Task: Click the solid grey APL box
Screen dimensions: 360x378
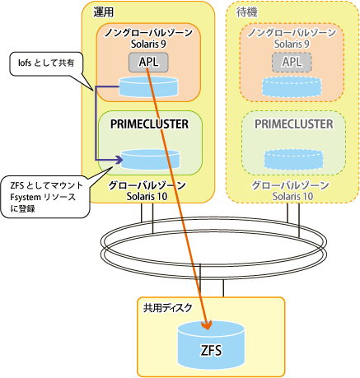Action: (x=148, y=63)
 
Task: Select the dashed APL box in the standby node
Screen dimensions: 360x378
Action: (x=292, y=63)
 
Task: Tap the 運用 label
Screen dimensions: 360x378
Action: (x=103, y=12)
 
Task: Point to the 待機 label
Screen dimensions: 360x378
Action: (x=247, y=12)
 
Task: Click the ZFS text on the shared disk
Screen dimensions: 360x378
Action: (x=211, y=351)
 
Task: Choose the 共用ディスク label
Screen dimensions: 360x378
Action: (x=167, y=308)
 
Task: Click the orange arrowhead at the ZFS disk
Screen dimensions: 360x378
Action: (x=207, y=324)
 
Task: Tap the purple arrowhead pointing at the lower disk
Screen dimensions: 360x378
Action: (x=119, y=160)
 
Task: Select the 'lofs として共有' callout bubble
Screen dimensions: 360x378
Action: (x=46, y=63)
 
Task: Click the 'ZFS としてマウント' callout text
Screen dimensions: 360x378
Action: (x=47, y=185)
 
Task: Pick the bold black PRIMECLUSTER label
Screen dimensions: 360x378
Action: (x=150, y=124)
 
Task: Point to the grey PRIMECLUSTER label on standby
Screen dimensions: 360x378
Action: (x=294, y=124)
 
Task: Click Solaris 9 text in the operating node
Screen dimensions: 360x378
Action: (x=148, y=44)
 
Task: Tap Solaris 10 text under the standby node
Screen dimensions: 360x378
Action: (x=292, y=196)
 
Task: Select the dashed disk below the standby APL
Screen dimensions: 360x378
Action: (x=292, y=87)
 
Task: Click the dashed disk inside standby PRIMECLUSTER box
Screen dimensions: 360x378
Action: (x=293, y=160)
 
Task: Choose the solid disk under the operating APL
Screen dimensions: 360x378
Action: (x=148, y=87)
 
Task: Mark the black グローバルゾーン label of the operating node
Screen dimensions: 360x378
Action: (x=147, y=185)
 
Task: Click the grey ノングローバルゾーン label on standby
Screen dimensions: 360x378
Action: (x=292, y=33)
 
